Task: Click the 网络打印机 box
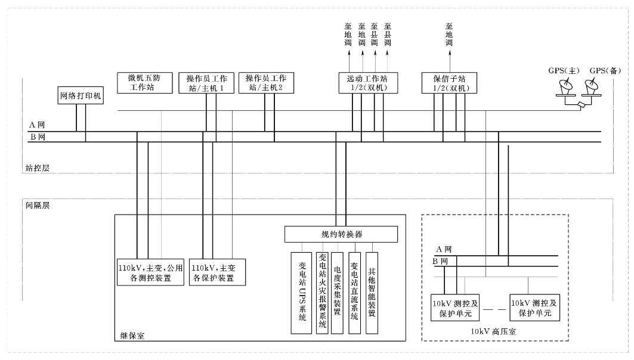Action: [81, 95]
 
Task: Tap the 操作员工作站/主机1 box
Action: [206, 83]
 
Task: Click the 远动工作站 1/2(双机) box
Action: [367, 83]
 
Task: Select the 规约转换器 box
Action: [341, 234]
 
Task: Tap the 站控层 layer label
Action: [37, 168]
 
